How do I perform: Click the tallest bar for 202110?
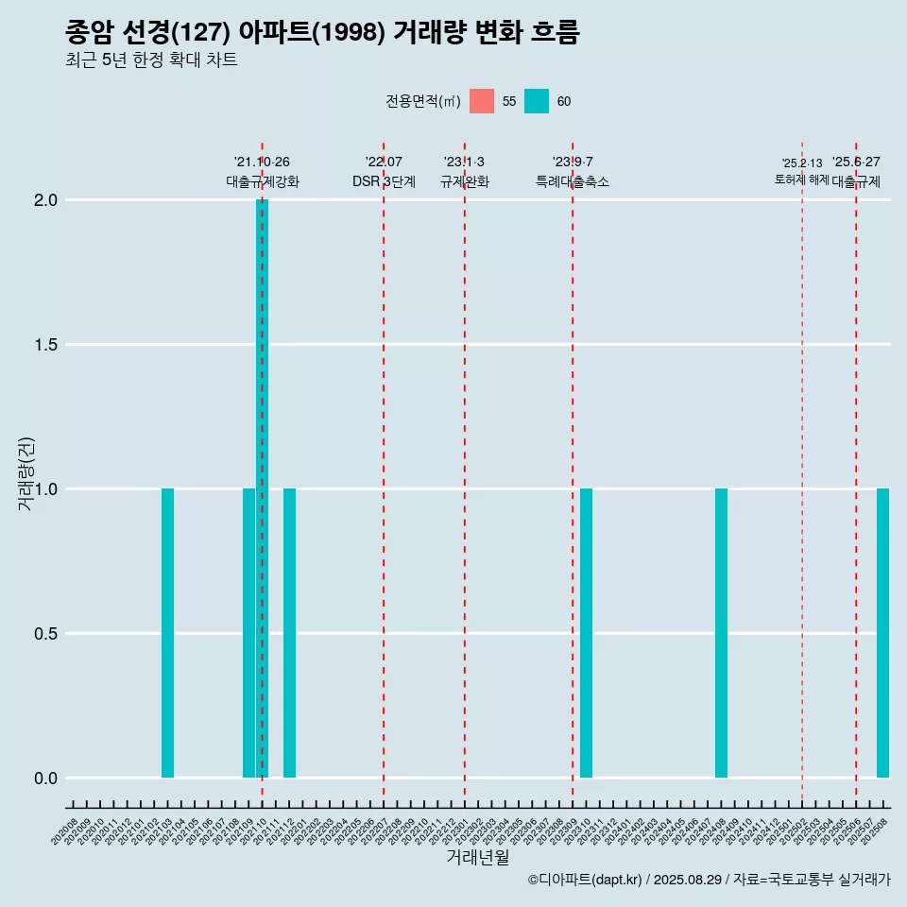[262, 488]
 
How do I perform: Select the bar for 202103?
[167, 633]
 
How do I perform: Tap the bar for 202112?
[289, 633]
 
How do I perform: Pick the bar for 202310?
[586, 633]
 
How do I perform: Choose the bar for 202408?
[721, 633]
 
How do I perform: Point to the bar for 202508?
[882, 633]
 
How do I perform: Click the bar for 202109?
[248, 633]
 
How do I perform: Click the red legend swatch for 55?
[482, 101]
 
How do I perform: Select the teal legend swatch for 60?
[537, 101]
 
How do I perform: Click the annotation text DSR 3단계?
[384, 181]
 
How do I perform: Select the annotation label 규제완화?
[465, 181]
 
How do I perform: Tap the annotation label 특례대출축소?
[573, 181]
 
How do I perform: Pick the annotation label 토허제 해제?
[801, 180]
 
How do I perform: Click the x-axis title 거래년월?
[477, 858]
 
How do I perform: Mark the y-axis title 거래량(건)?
[26, 473]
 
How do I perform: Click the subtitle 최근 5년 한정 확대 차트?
[151, 60]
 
